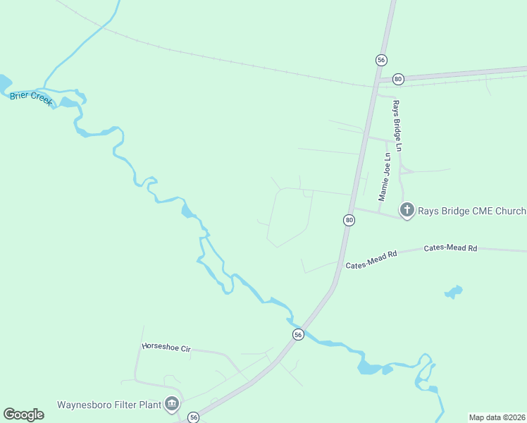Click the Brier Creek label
[x=31, y=98]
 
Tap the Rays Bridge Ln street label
[x=397, y=126]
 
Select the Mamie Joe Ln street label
[x=384, y=177]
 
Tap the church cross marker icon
[x=407, y=210]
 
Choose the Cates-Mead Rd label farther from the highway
[x=450, y=248]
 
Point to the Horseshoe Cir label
[x=166, y=346]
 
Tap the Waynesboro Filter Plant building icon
[x=170, y=404]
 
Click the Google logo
[x=23, y=414]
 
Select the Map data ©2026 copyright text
[x=497, y=417]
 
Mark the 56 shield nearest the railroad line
[x=381, y=60]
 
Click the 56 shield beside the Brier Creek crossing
[x=299, y=335]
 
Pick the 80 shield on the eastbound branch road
[x=398, y=78]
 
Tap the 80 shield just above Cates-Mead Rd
[x=349, y=221]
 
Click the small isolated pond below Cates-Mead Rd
[x=454, y=291]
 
